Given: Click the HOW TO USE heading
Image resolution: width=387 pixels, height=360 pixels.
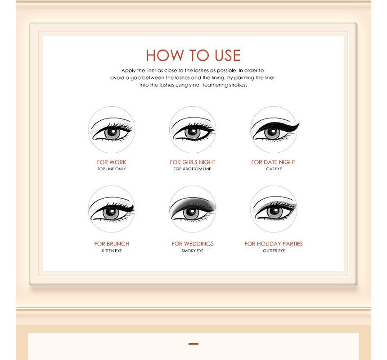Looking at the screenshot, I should (x=193, y=55).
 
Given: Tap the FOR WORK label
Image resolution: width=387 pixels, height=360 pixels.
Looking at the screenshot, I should (x=112, y=162).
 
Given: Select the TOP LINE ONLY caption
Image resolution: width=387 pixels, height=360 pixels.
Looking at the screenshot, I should (x=112, y=169).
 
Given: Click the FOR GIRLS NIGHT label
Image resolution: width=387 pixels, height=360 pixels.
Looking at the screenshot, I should (x=193, y=162).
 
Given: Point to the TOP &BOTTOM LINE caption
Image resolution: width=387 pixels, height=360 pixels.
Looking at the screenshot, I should (x=193, y=169).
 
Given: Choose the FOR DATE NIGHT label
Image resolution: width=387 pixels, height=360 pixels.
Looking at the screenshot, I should (x=273, y=162).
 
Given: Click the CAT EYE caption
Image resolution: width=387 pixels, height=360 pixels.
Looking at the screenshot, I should (x=274, y=169).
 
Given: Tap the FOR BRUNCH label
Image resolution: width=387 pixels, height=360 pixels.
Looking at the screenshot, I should (x=112, y=244).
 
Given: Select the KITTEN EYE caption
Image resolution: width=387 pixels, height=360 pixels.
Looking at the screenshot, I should (x=112, y=251).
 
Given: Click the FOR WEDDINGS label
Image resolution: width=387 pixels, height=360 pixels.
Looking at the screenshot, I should (x=193, y=244).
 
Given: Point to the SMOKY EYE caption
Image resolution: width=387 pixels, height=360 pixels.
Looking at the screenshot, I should (x=193, y=251).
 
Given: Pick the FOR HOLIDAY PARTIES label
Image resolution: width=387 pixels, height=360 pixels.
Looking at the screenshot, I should (x=274, y=244).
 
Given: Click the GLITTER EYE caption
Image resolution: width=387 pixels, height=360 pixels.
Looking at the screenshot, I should (x=274, y=251).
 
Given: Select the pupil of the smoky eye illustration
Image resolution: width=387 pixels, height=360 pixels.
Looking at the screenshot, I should (x=191, y=212).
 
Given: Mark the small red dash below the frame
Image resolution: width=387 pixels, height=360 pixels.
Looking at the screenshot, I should (x=193, y=344).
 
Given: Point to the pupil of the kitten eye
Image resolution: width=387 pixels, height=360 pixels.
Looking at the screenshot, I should (x=111, y=212).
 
